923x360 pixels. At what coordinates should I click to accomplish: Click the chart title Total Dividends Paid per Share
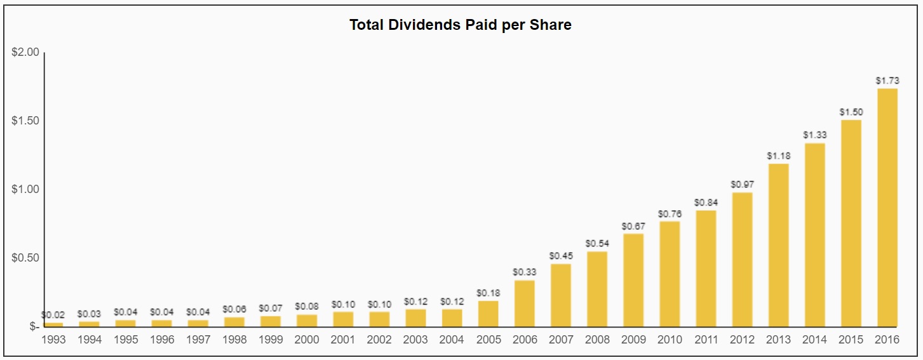coord(461,25)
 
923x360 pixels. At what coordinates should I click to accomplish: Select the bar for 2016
coord(887,208)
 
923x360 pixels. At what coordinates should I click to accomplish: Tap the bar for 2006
coord(524,303)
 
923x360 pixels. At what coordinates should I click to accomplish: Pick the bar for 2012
coord(742,260)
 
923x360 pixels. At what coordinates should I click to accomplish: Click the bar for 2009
coord(633,280)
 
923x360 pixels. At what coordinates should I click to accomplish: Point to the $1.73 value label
coord(887,81)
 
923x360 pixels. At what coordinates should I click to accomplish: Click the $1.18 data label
coord(778,156)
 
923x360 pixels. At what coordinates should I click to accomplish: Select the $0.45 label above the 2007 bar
coord(560,256)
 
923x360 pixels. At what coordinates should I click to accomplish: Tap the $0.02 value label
coord(53,314)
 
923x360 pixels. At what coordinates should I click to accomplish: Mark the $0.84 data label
coord(706,203)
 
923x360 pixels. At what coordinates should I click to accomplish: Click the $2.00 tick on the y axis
coord(25,52)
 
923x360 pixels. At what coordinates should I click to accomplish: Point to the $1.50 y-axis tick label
coord(25,121)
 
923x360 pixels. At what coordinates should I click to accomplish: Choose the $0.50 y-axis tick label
coord(25,258)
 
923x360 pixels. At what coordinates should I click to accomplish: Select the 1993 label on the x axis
coord(53,340)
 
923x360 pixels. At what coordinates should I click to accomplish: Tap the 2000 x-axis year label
coord(307,340)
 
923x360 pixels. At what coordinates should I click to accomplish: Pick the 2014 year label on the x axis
coord(814,340)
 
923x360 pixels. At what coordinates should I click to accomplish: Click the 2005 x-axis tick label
coord(488,340)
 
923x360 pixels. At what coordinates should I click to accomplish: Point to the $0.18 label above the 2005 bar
coord(488,293)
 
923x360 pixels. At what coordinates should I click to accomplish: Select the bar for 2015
coord(851,223)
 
